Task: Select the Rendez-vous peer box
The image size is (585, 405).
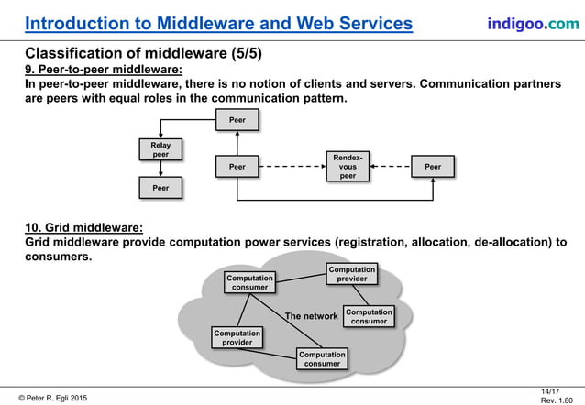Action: [348, 167]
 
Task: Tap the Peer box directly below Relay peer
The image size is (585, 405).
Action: [160, 188]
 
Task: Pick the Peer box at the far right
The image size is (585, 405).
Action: [433, 167]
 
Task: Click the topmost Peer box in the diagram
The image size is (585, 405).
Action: [237, 120]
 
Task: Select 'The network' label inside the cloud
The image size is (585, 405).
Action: [312, 316]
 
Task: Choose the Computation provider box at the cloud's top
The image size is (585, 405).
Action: [352, 275]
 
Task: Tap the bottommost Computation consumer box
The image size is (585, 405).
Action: [322, 358]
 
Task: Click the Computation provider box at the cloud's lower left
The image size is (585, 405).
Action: [236, 338]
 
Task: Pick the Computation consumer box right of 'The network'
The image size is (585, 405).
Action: [369, 316]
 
